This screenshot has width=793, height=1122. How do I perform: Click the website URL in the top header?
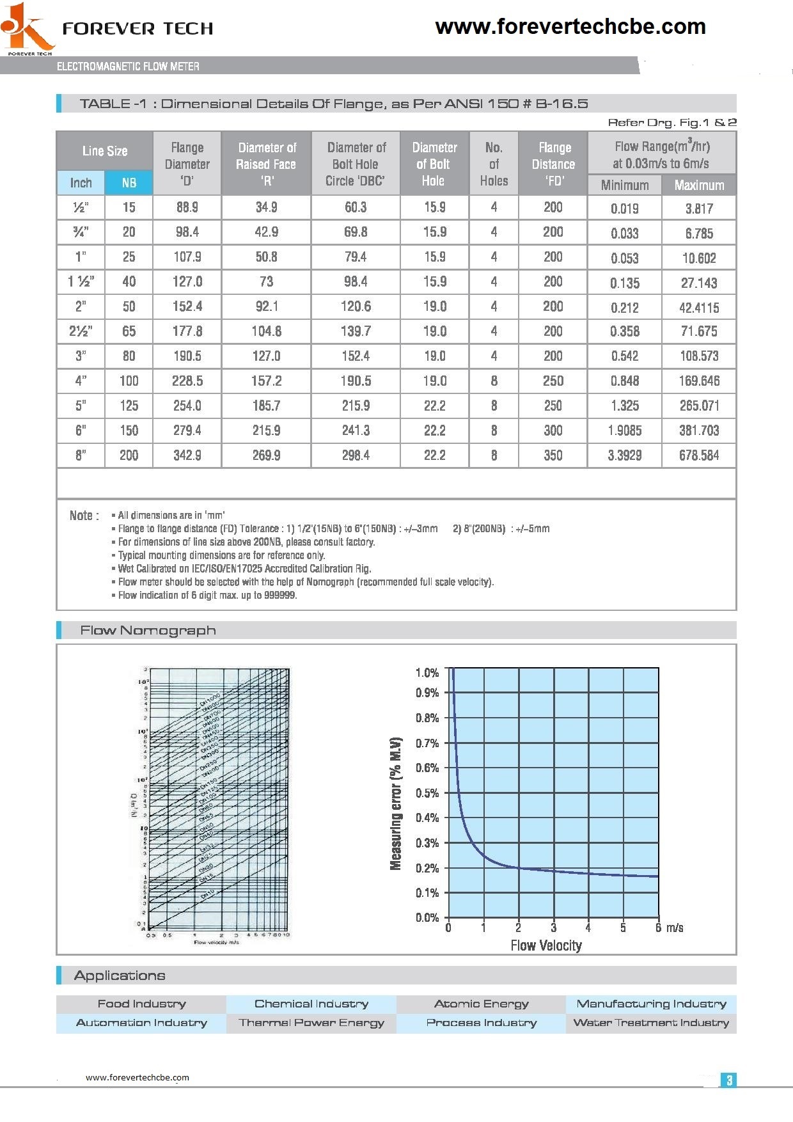tap(570, 27)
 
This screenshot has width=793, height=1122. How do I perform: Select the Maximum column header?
tap(699, 186)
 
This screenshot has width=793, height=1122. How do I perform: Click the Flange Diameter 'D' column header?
tap(187, 164)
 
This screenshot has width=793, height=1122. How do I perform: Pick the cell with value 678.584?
tap(699, 455)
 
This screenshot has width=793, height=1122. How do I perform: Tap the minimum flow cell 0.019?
tap(624, 209)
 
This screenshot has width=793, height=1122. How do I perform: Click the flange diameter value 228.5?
tap(187, 381)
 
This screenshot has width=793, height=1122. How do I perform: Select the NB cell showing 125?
tap(129, 406)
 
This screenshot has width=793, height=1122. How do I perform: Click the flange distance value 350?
tap(553, 455)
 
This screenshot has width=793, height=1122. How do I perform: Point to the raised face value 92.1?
tap(266, 306)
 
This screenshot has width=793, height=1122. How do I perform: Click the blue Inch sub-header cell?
tap(81, 183)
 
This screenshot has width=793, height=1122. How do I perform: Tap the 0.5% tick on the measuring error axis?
tap(427, 793)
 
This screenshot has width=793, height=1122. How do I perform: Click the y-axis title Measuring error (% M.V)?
tap(396, 803)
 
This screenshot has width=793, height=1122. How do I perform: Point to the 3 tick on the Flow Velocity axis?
tap(553, 928)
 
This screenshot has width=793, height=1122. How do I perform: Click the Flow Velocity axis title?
tap(546, 945)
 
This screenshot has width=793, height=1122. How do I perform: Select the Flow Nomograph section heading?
tap(148, 631)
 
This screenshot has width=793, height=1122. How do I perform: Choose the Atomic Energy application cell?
tap(481, 1004)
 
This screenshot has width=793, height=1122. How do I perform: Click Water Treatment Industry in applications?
tap(650, 1023)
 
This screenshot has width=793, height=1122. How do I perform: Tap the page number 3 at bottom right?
tap(728, 1080)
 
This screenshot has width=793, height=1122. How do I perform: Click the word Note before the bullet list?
tap(84, 516)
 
